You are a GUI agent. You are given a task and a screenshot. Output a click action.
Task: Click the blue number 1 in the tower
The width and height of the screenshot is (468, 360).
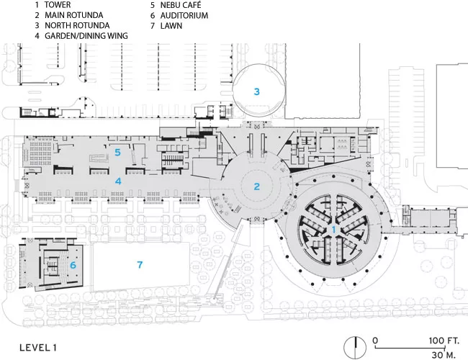(333, 230)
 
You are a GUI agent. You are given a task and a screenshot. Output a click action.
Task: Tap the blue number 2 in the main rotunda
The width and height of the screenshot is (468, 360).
(257, 186)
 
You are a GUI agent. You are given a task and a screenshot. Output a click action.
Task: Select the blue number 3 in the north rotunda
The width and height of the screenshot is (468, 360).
(257, 91)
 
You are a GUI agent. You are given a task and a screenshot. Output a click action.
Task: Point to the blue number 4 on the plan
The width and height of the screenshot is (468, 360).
(118, 181)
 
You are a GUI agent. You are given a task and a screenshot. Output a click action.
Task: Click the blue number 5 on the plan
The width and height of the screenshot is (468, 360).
(118, 153)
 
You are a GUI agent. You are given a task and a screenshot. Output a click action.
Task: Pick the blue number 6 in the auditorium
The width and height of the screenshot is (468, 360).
(73, 265)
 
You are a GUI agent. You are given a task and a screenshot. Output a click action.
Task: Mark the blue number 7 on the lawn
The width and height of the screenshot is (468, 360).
(140, 264)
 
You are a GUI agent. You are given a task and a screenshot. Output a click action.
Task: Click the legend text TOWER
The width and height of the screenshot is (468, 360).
(58, 5)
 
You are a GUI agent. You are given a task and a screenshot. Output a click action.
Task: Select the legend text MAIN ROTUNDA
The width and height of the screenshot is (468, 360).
(74, 15)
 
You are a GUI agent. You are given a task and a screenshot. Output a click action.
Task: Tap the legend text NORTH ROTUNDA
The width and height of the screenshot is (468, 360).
(77, 25)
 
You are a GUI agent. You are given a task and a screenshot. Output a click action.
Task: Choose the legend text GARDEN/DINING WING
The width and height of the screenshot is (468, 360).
(86, 36)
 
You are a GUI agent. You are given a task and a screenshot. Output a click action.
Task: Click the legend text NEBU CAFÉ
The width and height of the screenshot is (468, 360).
(181, 5)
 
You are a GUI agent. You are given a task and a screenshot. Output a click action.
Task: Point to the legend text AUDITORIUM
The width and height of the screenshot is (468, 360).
(184, 15)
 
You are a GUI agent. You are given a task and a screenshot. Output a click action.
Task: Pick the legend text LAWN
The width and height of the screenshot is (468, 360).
(171, 26)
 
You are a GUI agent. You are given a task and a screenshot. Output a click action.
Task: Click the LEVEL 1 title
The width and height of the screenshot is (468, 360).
(38, 348)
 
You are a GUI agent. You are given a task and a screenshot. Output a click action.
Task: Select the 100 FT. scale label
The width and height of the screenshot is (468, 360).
(444, 341)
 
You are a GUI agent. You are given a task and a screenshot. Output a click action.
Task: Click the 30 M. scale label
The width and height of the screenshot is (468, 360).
(444, 355)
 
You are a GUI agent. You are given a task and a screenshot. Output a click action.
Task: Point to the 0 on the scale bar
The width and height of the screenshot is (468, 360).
(375, 341)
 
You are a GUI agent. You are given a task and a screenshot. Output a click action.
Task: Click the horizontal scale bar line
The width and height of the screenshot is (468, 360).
(410, 348)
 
